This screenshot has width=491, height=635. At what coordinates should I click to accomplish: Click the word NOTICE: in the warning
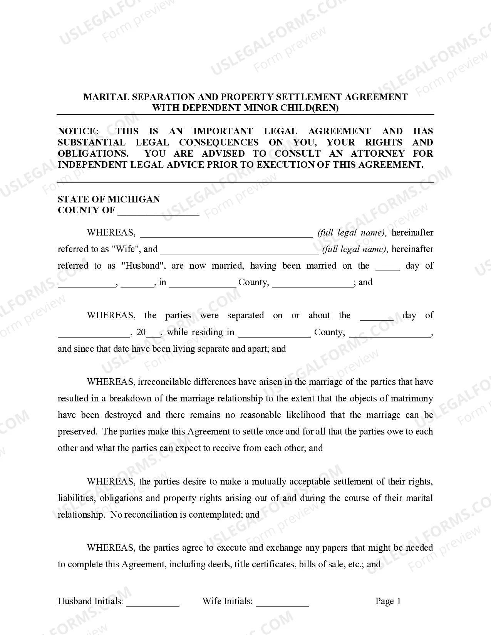coord(78,131)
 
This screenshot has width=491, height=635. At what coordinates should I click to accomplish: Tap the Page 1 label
coord(388,601)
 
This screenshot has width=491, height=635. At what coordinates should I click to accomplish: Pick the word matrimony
coord(412,399)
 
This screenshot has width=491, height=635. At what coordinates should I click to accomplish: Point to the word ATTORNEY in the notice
coord(378,154)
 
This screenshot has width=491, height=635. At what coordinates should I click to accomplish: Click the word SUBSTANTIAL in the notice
coord(92,142)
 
